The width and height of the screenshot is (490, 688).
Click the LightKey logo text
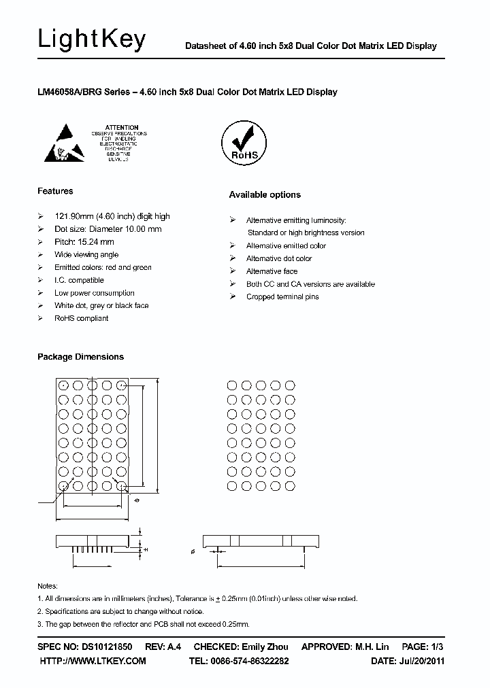pyautogui.click(x=92, y=40)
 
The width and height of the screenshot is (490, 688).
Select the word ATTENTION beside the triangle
pyautogui.click(x=122, y=127)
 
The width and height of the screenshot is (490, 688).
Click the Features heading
pyautogui.click(x=55, y=191)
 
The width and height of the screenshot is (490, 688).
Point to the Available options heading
pyautogui.click(x=265, y=195)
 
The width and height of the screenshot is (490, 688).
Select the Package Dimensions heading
pyautogui.click(x=80, y=357)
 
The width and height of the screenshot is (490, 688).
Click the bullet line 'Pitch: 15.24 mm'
pyautogui.click(x=84, y=242)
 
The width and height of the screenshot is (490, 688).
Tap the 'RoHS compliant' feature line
pyautogui.click(x=81, y=318)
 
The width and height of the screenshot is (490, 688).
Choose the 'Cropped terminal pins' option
pyautogui.click(x=282, y=297)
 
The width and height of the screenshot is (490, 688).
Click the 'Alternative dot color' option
pyautogui.click(x=278, y=258)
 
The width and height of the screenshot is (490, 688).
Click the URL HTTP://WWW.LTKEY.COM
pyautogui.click(x=93, y=661)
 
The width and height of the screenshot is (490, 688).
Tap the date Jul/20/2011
pyautogui.click(x=421, y=661)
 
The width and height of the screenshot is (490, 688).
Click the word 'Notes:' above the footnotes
pyautogui.click(x=47, y=586)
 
